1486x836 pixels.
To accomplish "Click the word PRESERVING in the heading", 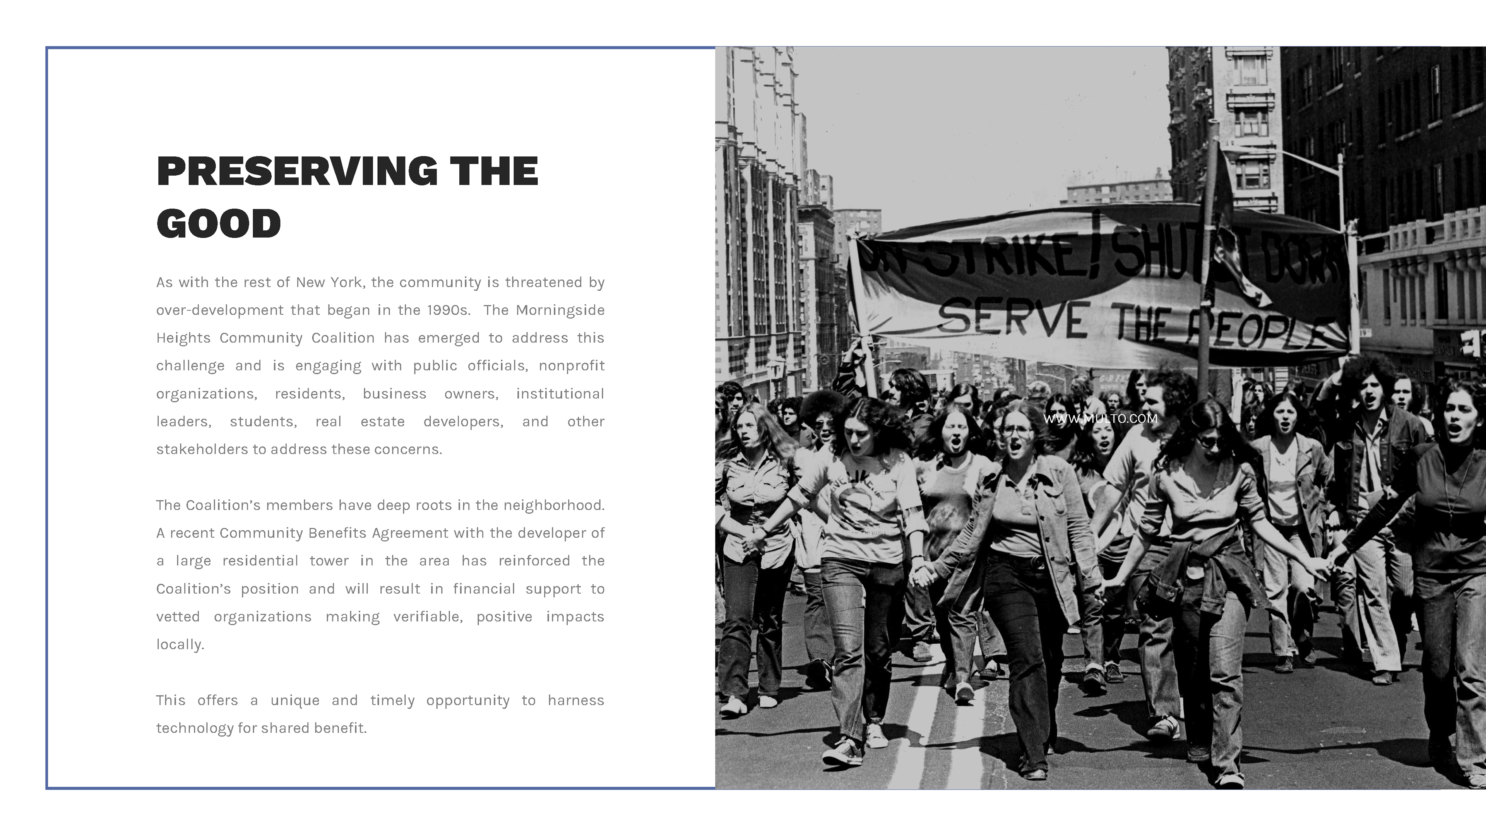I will [296, 171].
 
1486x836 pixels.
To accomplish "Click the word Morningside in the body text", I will [560, 310].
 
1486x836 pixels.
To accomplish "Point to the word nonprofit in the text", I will [571, 366].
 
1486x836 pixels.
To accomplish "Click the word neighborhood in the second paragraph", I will [553, 505].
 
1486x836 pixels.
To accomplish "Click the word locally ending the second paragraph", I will [180, 644].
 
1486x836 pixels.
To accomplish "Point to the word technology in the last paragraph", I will [194, 728].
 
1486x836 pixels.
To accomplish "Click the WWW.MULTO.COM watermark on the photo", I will [1100, 419].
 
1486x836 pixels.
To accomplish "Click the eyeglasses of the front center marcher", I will [1017, 430].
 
